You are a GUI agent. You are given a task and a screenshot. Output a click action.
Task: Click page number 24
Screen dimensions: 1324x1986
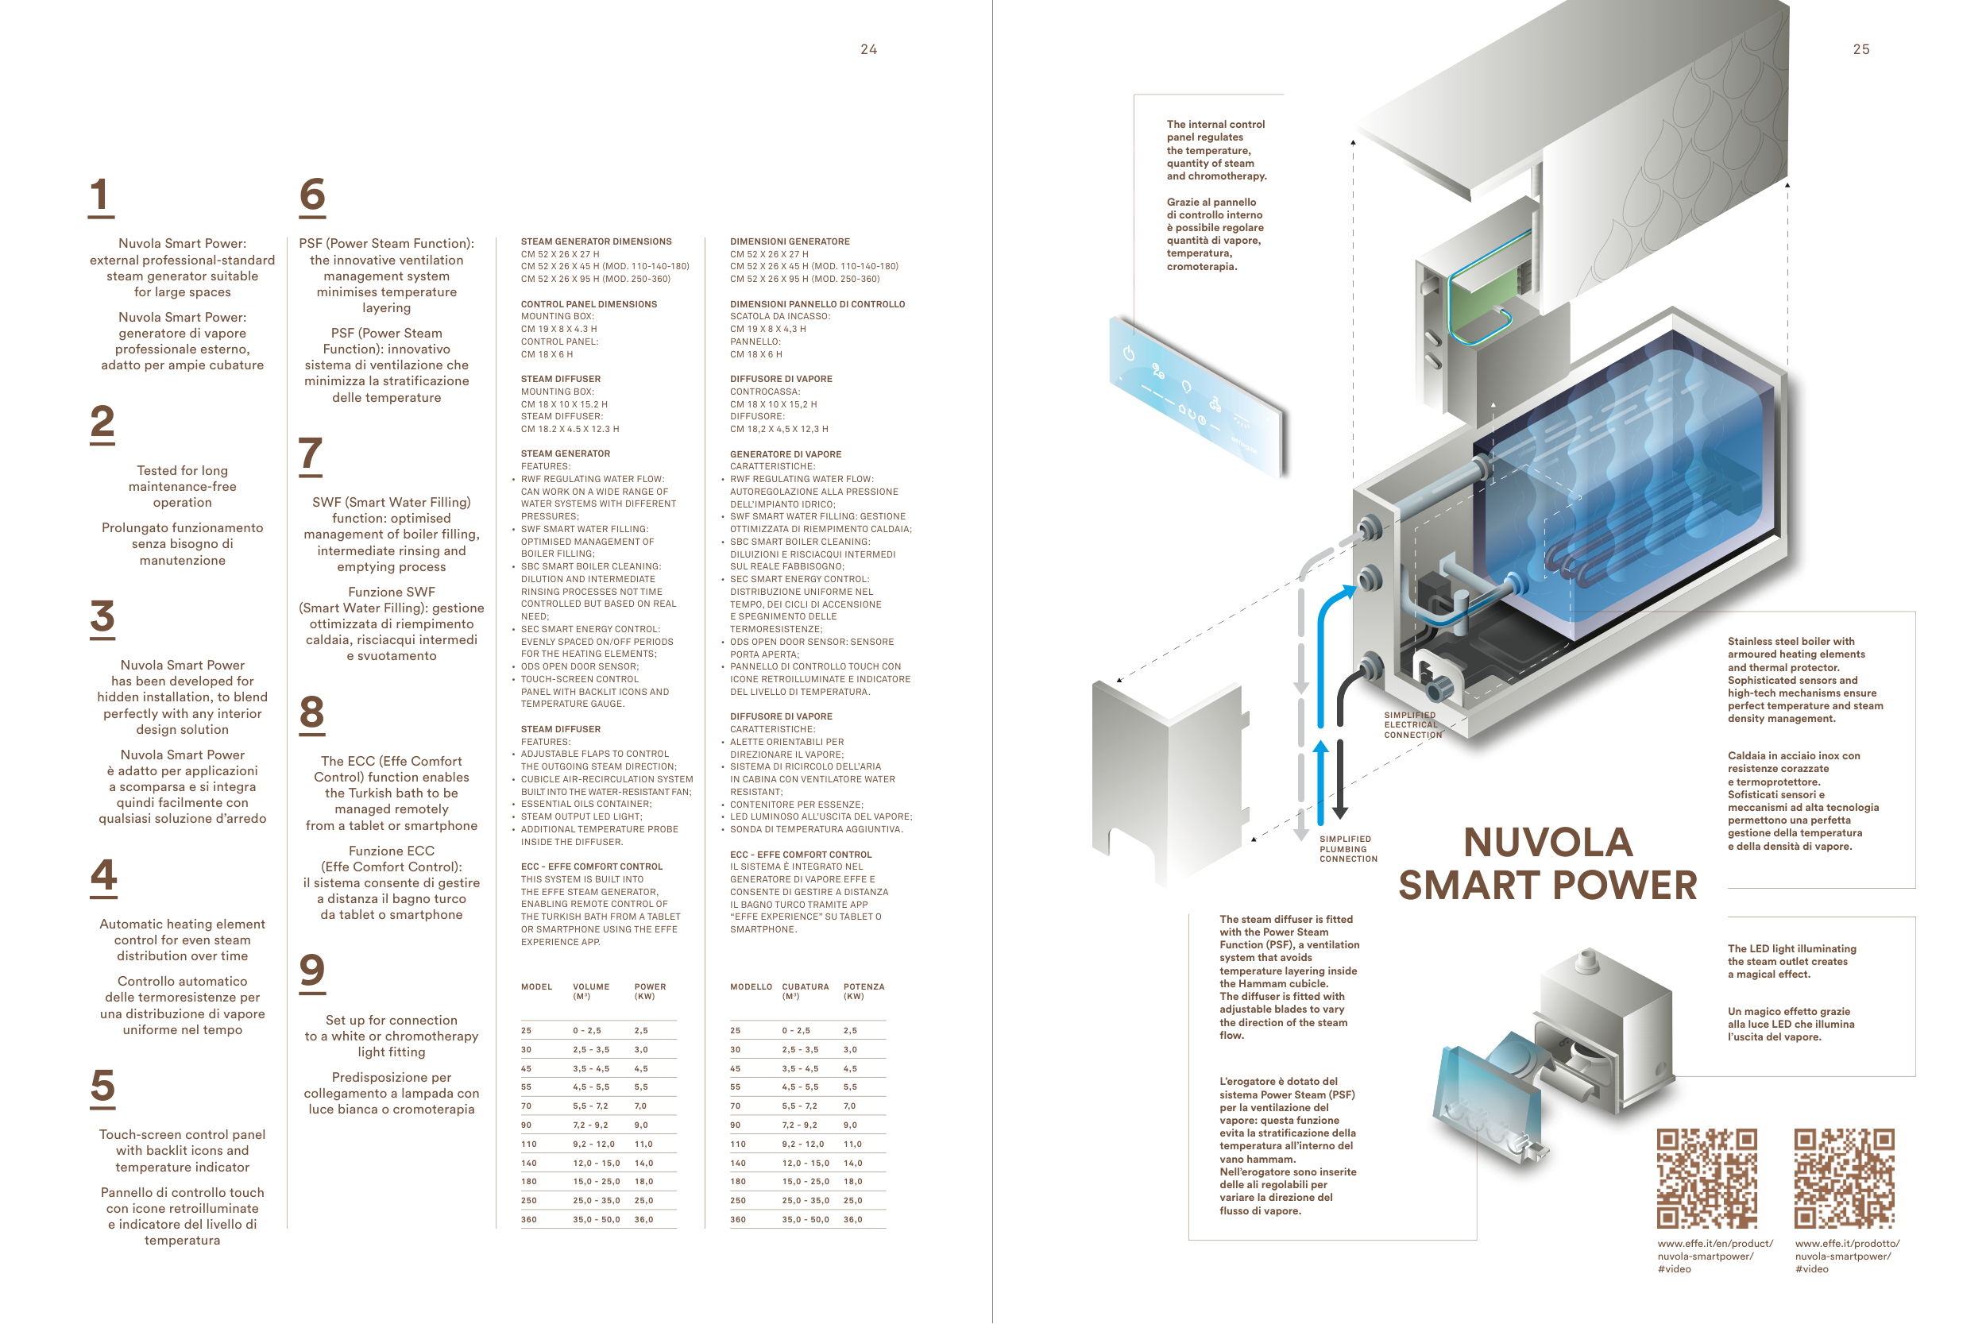(x=868, y=50)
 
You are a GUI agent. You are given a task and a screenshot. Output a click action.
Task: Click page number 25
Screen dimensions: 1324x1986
(x=1861, y=50)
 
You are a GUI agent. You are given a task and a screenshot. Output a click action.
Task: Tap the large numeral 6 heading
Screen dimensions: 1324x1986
(x=312, y=195)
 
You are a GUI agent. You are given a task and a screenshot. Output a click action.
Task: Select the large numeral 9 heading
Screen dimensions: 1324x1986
(x=312, y=971)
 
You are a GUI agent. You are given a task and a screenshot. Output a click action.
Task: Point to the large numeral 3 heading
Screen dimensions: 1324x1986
(x=102, y=616)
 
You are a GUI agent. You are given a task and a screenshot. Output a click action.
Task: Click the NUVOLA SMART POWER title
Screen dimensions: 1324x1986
(x=1547, y=864)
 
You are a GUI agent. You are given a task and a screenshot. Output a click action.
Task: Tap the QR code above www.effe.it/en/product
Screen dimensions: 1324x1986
(x=1706, y=1178)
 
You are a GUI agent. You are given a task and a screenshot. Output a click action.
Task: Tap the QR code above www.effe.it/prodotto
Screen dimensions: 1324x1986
(x=1844, y=1178)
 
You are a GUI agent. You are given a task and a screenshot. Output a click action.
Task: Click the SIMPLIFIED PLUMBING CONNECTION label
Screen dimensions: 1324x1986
(x=1347, y=848)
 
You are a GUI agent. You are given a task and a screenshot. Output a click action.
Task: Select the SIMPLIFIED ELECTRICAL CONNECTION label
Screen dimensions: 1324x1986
(x=1412, y=724)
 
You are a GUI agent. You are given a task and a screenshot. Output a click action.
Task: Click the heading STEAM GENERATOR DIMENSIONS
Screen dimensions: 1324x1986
(x=596, y=241)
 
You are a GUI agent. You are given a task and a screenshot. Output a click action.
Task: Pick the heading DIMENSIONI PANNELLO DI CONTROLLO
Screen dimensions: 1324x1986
(x=817, y=304)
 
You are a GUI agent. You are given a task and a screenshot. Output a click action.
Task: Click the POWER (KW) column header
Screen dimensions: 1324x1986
(x=649, y=990)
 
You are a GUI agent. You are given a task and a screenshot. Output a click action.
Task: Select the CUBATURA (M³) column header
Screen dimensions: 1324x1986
(x=805, y=990)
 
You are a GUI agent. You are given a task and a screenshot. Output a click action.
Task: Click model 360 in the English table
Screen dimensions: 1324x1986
(x=528, y=1219)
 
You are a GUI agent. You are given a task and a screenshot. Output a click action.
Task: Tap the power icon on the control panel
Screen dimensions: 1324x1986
(x=1129, y=353)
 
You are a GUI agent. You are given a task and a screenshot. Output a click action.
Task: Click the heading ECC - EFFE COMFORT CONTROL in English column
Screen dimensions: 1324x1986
(x=591, y=867)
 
